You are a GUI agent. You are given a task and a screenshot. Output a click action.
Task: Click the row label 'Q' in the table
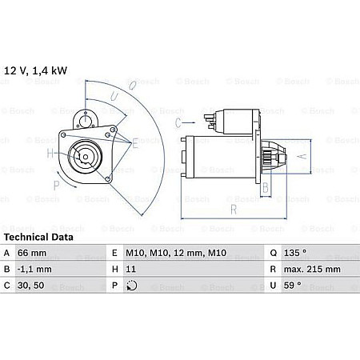pos(274,254)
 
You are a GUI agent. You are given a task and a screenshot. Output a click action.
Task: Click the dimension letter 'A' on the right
pos(301,157)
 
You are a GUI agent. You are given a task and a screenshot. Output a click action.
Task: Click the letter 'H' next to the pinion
pos(50,154)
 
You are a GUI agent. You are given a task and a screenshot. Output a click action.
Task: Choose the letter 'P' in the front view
pos(56,185)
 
